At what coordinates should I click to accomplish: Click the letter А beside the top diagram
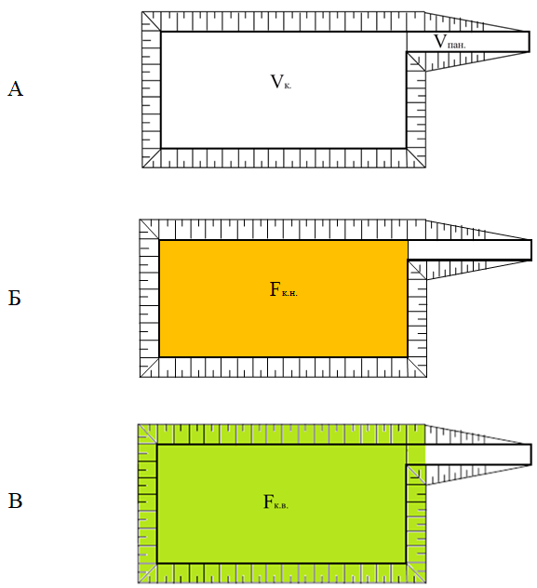click(x=16, y=89)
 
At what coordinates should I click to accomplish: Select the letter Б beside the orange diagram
click(x=14, y=298)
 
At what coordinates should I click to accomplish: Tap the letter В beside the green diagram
click(x=15, y=501)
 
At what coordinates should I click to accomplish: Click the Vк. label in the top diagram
click(x=281, y=82)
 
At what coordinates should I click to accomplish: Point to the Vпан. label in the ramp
click(x=450, y=42)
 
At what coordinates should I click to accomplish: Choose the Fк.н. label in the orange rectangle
click(x=284, y=290)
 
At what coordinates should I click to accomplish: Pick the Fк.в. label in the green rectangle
click(x=275, y=501)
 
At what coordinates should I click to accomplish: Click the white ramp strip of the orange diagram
click(x=469, y=249)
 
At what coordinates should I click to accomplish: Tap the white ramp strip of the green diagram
click(x=478, y=455)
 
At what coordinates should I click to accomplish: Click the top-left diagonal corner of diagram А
click(x=152, y=21)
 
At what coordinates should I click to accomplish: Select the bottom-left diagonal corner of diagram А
click(x=152, y=158)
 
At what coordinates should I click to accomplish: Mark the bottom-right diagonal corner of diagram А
click(x=416, y=158)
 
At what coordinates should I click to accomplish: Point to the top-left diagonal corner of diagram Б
click(x=149, y=230)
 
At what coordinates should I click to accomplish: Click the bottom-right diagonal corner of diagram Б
click(x=417, y=367)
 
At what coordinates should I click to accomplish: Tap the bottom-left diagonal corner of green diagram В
click(x=147, y=573)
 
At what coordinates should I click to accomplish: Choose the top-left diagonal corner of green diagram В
click(x=147, y=434)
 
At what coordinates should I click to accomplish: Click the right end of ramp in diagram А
click(x=530, y=42)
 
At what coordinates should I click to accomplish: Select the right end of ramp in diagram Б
click(x=531, y=249)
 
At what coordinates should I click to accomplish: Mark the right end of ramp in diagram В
click(x=531, y=455)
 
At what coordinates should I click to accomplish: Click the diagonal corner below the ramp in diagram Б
click(x=417, y=270)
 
